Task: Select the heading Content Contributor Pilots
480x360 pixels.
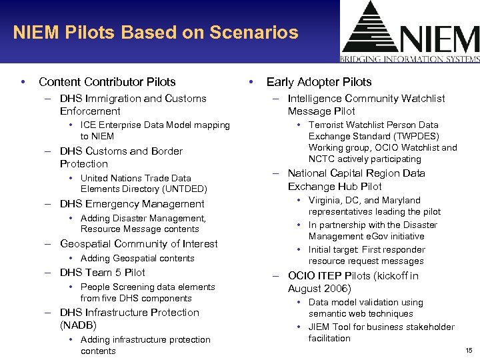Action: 107,82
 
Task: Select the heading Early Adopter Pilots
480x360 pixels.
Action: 319,82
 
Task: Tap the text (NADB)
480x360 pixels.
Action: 78,325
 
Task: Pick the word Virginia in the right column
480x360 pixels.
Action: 325,200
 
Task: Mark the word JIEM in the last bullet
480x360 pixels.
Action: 320,327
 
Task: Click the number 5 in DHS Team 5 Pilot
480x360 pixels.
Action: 118,272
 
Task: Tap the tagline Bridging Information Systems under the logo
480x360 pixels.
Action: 409,59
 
